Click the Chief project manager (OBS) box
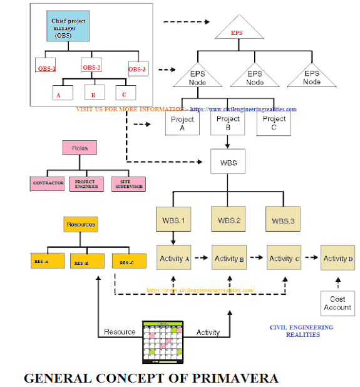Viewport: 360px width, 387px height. click(x=68, y=28)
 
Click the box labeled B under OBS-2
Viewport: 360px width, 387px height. click(x=94, y=93)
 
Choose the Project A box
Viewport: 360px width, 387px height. click(x=182, y=123)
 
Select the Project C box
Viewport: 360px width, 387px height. click(x=274, y=123)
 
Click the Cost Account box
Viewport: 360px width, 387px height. click(x=337, y=303)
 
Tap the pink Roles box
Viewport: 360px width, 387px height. click(x=80, y=148)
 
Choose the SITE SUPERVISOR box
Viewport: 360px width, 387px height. click(x=128, y=183)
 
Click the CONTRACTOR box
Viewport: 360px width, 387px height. click(x=48, y=183)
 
